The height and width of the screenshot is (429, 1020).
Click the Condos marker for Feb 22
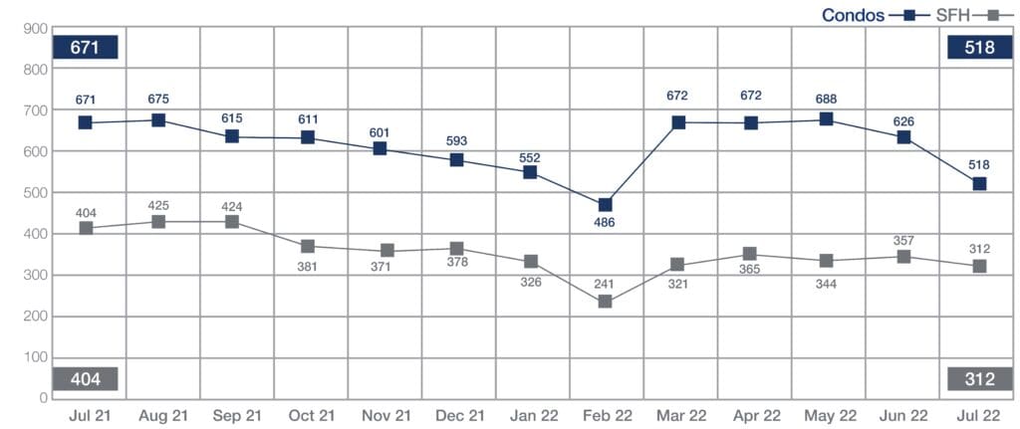click(x=606, y=205)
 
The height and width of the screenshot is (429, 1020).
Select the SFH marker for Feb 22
click(x=606, y=302)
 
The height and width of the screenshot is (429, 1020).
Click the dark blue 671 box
click(x=87, y=47)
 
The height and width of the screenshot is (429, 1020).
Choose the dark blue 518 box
click(x=980, y=47)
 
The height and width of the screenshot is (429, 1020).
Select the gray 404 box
click(x=87, y=379)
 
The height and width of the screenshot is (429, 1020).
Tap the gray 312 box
click(x=980, y=379)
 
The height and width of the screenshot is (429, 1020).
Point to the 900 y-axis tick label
click(x=36, y=29)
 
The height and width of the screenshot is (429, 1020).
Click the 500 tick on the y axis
click(x=36, y=193)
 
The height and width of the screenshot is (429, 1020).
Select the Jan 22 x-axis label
click(x=531, y=414)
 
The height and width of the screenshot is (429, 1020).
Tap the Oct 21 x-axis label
click(x=310, y=414)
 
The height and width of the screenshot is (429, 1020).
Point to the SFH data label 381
click(x=309, y=267)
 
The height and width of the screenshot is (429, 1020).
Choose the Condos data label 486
click(x=605, y=223)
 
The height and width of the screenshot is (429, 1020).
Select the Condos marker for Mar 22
click(x=679, y=122)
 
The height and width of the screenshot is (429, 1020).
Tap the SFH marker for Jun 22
click(x=904, y=257)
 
